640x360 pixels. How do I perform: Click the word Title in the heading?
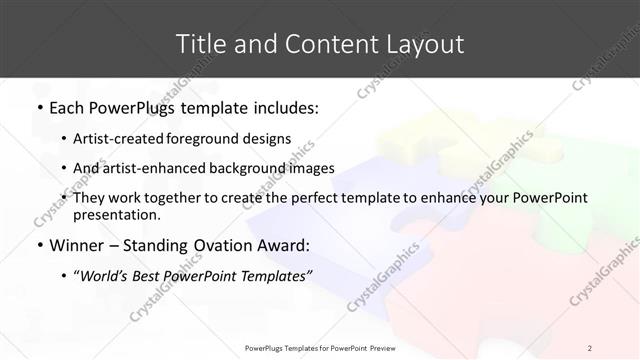(x=198, y=44)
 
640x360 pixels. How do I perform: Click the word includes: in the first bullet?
(x=281, y=107)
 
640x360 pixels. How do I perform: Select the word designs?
(x=268, y=138)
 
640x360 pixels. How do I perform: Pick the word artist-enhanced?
(x=154, y=168)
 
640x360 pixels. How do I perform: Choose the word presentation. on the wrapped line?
(x=116, y=215)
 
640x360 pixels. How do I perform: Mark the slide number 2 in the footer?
(x=590, y=348)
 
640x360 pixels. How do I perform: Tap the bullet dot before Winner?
(x=39, y=245)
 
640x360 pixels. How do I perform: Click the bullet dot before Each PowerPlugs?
(x=39, y=107)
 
